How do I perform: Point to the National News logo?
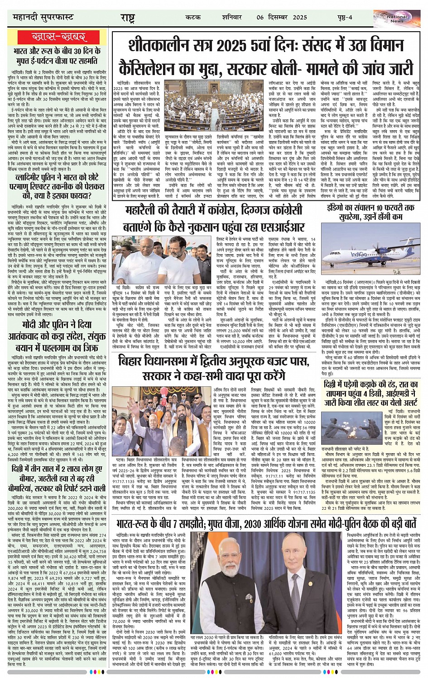pos(397,17)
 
